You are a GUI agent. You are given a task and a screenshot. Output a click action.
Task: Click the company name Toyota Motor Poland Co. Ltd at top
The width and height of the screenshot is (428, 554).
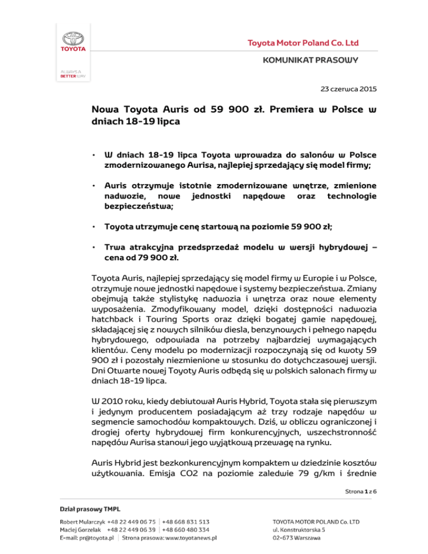coord(303,43)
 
